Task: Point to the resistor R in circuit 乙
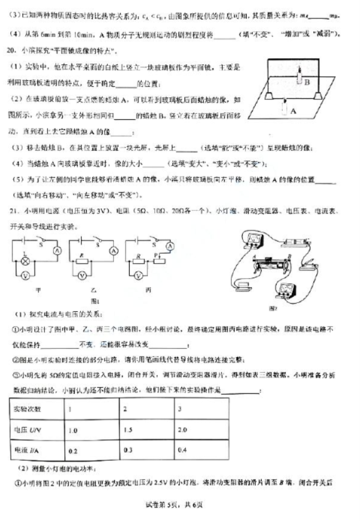[x=81, y=263]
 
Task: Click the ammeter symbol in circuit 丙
[x=170, y=247]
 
